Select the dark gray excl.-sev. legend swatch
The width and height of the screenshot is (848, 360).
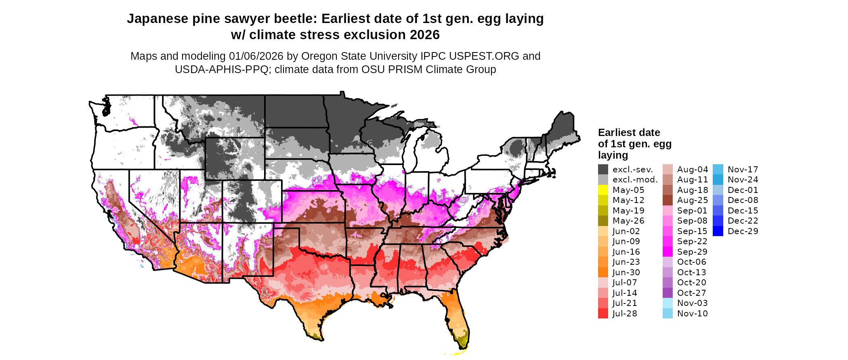point(603,170)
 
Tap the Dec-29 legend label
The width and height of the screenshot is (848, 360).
point(743,231)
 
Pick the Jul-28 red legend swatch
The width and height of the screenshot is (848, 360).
point(603,314)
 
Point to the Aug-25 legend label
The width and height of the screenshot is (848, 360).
point(692,200)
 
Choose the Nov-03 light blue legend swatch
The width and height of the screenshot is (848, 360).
point(667,303)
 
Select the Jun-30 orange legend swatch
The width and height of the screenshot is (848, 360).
point(603,272)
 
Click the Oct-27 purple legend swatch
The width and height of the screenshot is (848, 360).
point(667,293)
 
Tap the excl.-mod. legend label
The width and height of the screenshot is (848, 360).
point(635,180)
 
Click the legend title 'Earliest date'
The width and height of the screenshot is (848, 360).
point(629,133)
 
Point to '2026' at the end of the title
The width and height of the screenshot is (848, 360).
point(424,35)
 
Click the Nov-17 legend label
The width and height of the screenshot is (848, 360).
point(743,170)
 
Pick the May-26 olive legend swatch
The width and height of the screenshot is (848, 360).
point(603,221)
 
